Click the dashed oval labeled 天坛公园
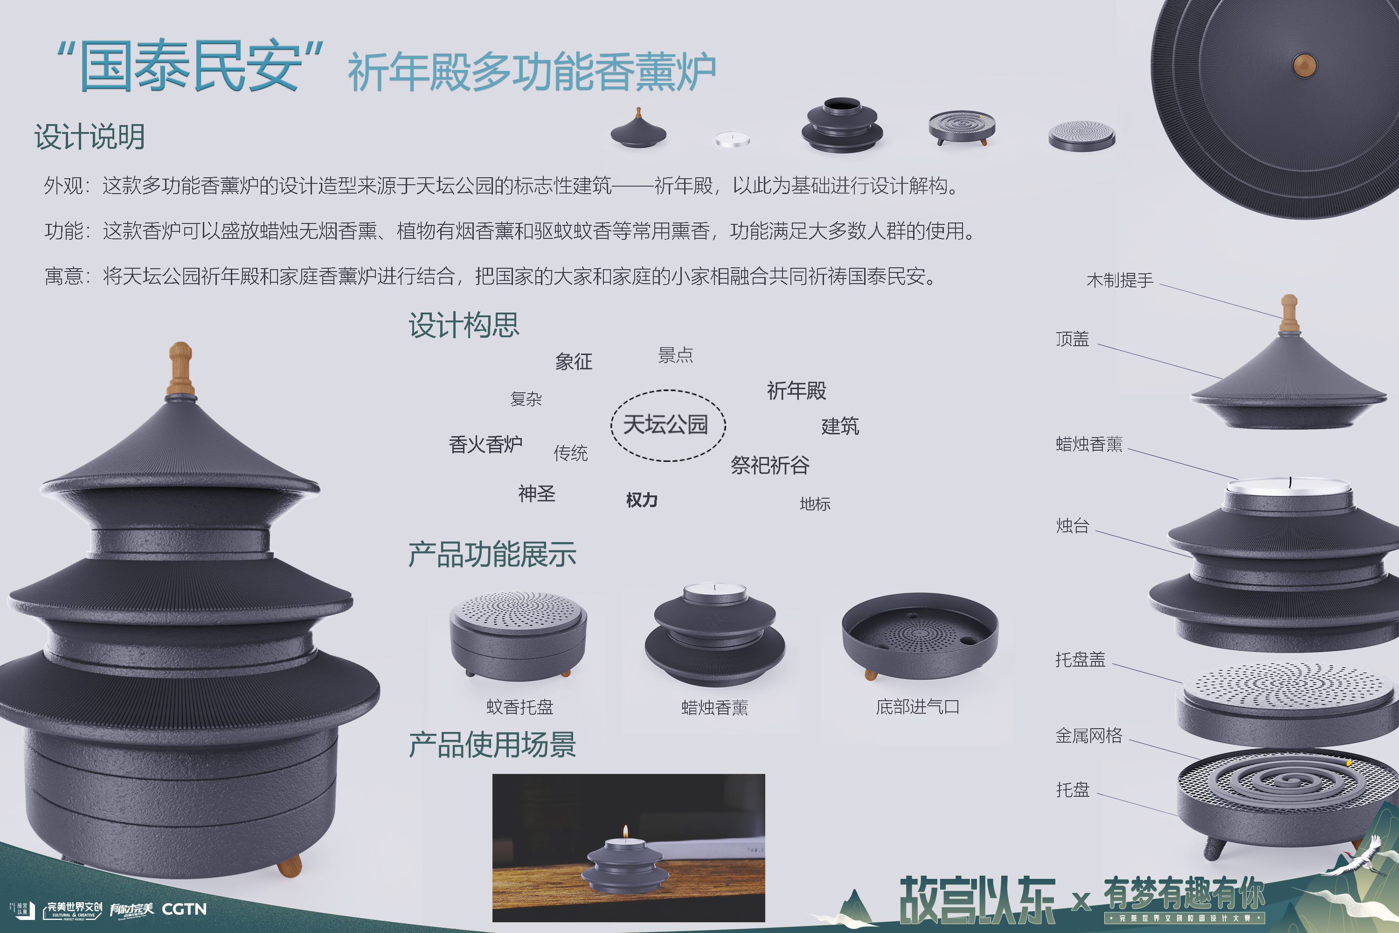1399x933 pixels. click(x=667, y=425)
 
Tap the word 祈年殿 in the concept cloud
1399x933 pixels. click(x=796, y=391)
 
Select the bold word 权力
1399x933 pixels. click(x=641, y=500)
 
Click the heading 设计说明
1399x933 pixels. click(x=89, y=137)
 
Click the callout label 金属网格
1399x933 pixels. click(x=1088, y=736)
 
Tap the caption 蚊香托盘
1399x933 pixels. click(x=519, y=707)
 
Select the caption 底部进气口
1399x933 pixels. click(x=917, y=707)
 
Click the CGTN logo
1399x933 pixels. click(x=184, y=909)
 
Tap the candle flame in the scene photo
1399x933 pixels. click(x=625, y=831)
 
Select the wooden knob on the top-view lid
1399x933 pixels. click(x=1304, y=65)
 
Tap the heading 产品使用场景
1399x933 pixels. click(x=492, y=745)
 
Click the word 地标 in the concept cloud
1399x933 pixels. click(x=814, y=504)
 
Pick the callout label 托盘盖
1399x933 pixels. click(x=1080, y=659)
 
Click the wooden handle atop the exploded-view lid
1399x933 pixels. click(x=1289, y=313)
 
